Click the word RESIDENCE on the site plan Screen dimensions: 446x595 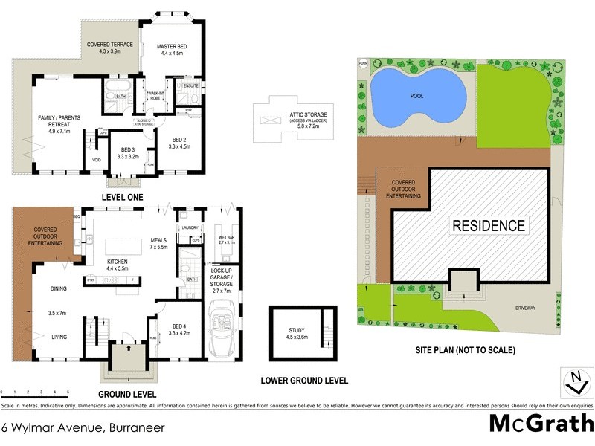[489, 225]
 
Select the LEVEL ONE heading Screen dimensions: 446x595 [123, 197]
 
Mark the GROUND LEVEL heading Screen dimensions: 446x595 [127, 394]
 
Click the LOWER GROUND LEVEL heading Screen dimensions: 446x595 [304, 381]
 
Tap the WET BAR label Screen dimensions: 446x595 [226, 239]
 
